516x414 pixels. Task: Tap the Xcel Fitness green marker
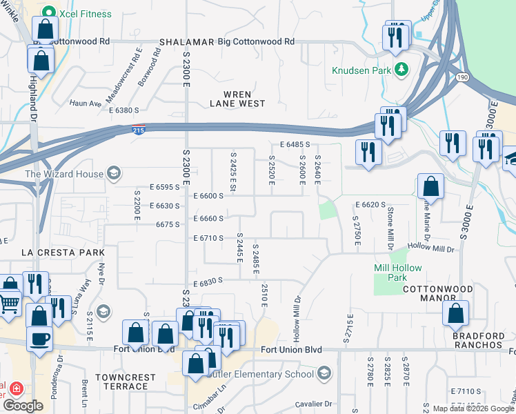[x=48, y=12]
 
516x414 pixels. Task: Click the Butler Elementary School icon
[x=324, y=374]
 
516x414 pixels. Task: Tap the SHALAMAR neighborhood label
[x=186, y=42]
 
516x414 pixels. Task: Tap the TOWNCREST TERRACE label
[x=121, y=382]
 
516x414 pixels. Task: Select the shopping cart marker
[x=9, y=302]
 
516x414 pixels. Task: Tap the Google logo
[x=23, y=406]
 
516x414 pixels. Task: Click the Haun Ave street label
[x=86, y=104]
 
